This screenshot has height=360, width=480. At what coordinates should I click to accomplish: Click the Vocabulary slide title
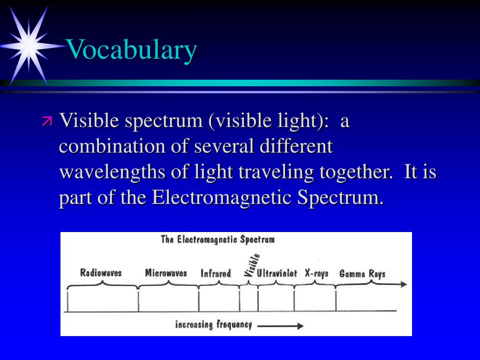(132, 50)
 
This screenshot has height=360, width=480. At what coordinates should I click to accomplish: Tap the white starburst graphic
(30, 46)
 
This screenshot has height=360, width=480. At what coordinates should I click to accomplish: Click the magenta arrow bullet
(47, 121)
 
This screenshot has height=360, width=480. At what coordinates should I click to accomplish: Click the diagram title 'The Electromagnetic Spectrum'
(217, 240)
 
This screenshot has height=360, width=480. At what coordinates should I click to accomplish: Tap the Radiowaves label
(101, 272)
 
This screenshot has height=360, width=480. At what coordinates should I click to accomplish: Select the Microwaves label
(166, 273)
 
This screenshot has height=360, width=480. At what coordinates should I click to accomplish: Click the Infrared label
(216, 273)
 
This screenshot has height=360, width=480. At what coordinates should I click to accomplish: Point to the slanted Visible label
(252, 265)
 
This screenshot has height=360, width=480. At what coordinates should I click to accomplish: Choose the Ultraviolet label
(277, 273)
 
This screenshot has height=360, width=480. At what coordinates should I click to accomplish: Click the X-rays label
(316, 273)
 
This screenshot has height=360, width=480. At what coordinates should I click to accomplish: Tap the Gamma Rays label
(362, 274)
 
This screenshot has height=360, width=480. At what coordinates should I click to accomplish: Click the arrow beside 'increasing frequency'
(280, 326)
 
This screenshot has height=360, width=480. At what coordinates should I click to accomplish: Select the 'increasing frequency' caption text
(214, 324)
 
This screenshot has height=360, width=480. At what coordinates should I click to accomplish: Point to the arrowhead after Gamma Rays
(404, 285)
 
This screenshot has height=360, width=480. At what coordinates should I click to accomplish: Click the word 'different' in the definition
(296, 146)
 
